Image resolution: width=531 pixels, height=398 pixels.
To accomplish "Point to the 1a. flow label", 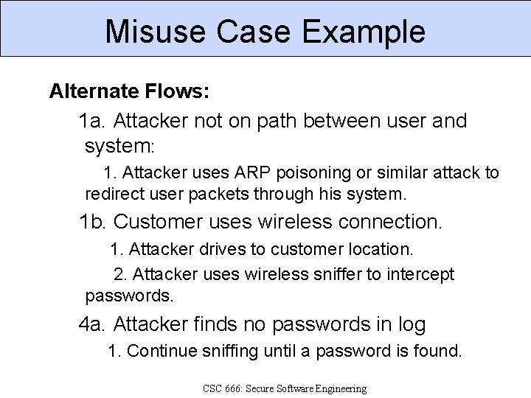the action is click(x=94, y=120).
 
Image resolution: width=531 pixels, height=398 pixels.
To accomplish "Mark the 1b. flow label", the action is click(x=94, y=221).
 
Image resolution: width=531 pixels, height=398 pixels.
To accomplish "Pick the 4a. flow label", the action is click(x=94, y=324).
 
